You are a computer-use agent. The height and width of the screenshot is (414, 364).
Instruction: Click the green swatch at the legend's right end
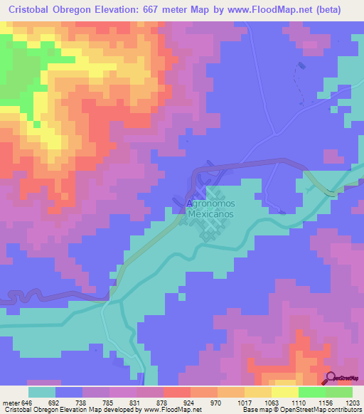(x=339, y=391)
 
